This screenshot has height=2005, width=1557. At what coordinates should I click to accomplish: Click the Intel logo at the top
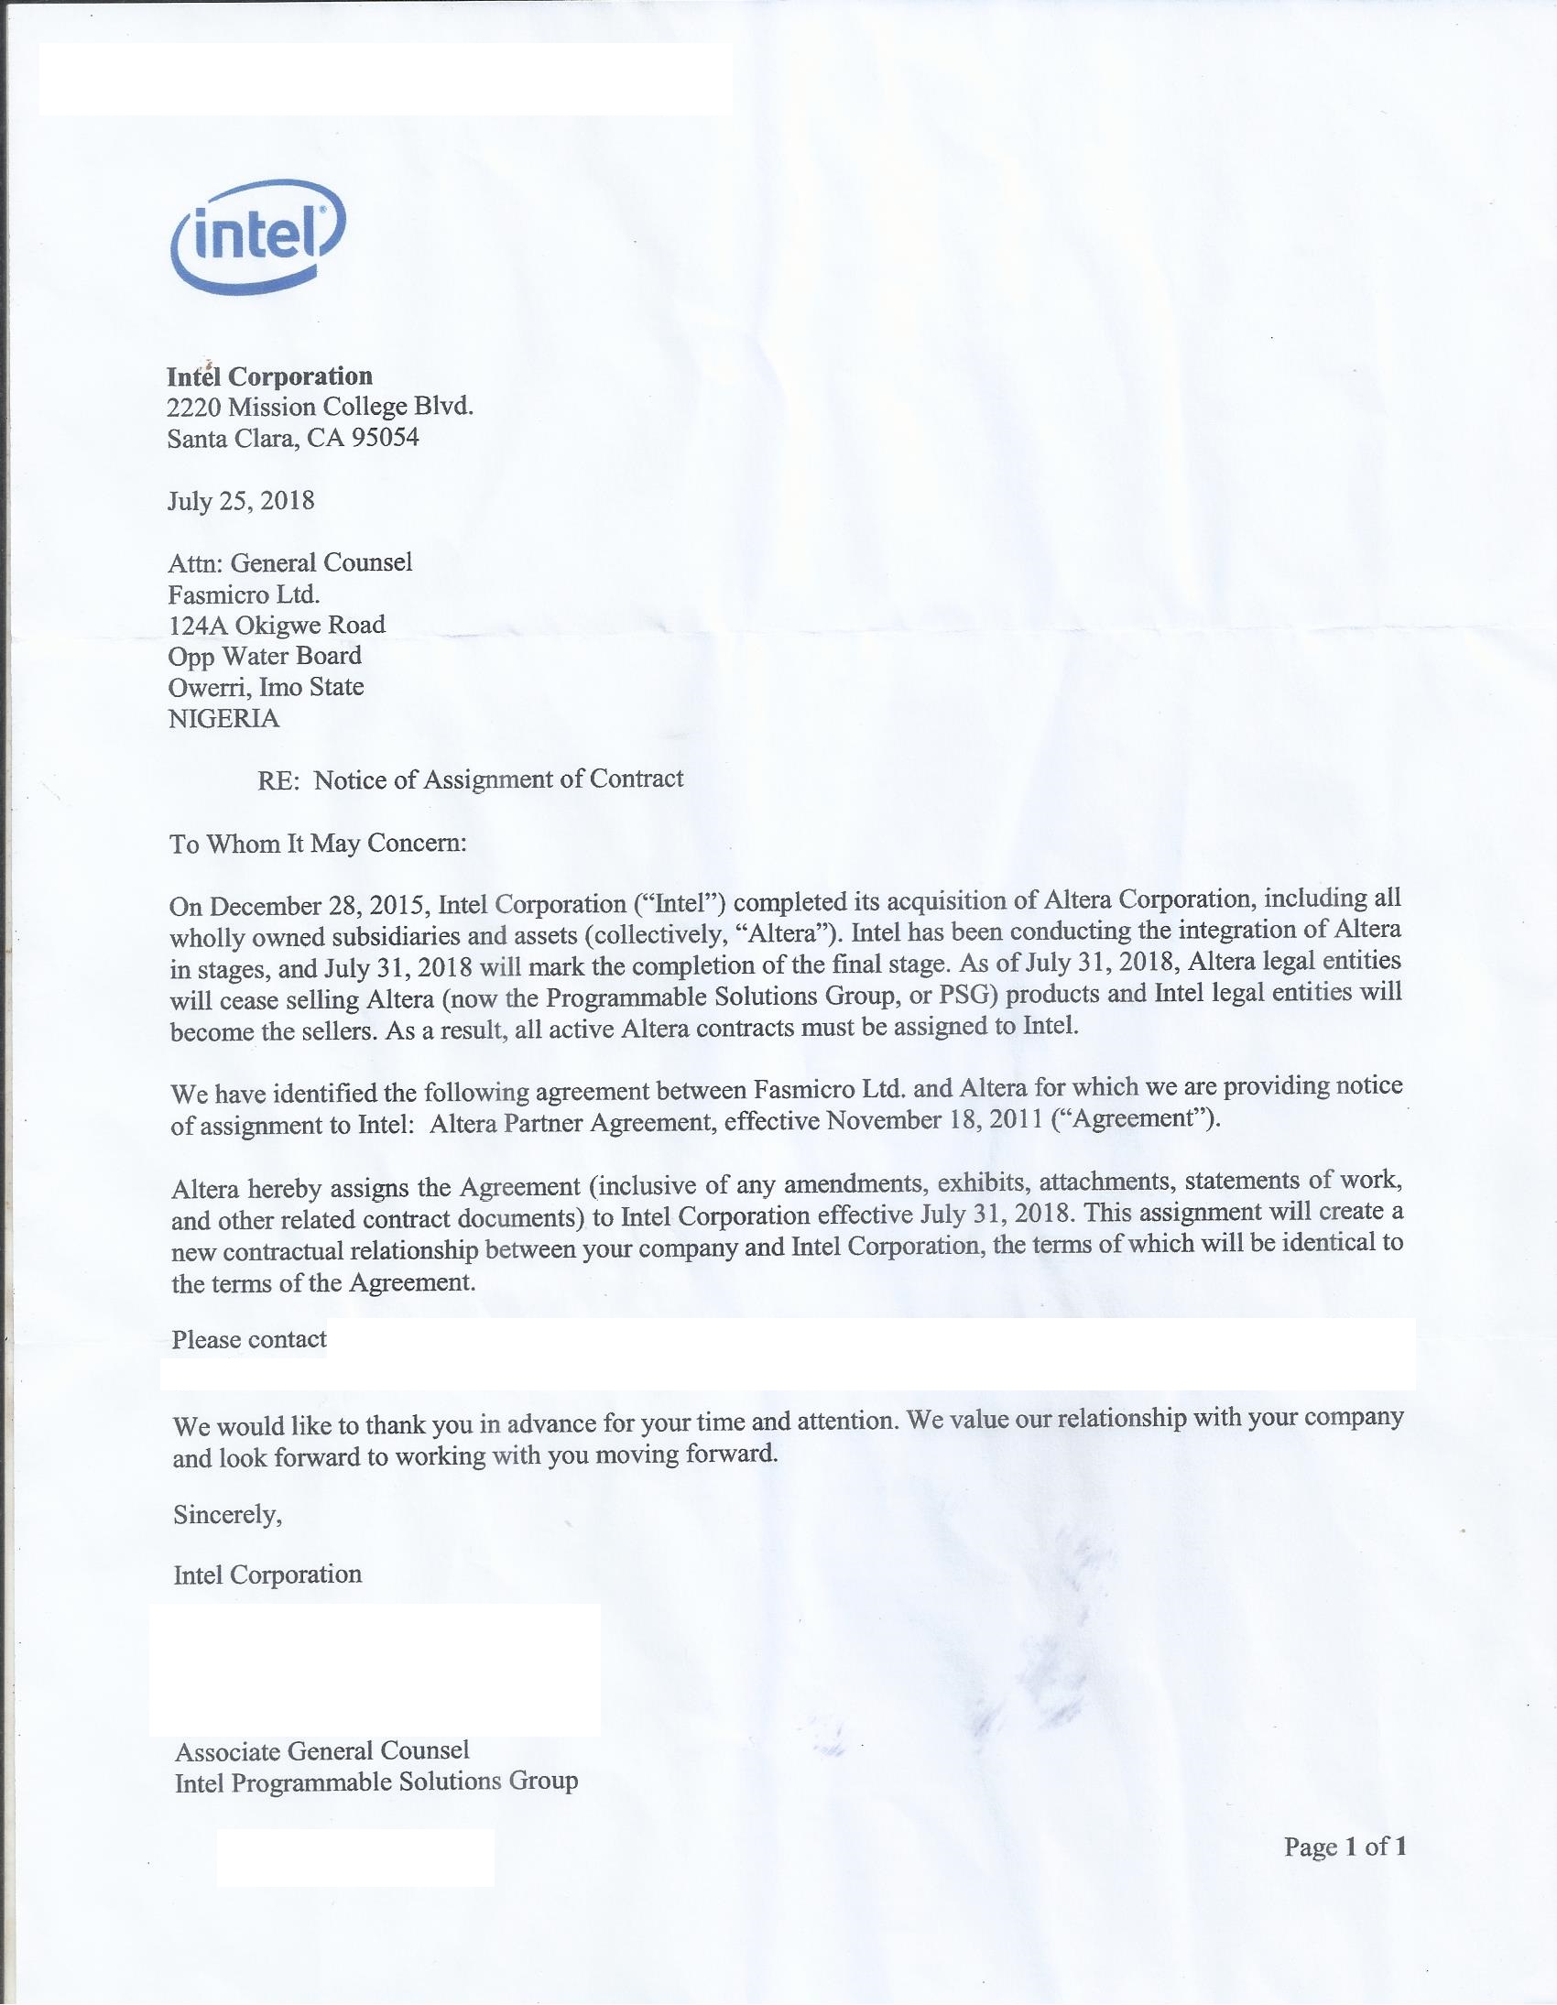(x=258, y=237)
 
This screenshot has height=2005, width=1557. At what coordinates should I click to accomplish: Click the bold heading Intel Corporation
(x=270, y=376)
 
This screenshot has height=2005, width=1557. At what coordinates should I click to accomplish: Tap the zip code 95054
(x=386, y=438)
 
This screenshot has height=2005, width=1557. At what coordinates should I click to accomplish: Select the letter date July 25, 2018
(x=241, y=500)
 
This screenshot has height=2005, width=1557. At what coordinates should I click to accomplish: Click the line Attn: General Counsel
(x=290, y=561)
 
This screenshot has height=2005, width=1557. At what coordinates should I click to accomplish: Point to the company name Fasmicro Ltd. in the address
(x=245, y=594)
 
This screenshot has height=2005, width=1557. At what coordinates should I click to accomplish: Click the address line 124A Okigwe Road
(x=277, y=626)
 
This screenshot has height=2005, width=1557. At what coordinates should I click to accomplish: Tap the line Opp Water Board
(x=265, y=656)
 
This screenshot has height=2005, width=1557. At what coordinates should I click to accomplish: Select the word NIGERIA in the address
(x=224, y=718)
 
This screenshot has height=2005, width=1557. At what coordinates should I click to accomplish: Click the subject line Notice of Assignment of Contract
(x=498, y=779)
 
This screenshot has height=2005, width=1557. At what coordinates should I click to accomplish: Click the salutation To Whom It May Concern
(x=318, y=843)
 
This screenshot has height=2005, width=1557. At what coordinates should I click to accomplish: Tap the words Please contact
(x=249, y=1339)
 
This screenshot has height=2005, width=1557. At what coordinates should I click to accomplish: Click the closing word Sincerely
(x=228, y=1514)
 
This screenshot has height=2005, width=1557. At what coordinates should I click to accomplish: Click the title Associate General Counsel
(x=321, y=1750)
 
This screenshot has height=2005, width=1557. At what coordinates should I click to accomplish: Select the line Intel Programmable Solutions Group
(x=376, y=1782)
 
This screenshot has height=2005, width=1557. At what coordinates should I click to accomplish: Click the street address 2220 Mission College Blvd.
(x=321, y=407)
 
